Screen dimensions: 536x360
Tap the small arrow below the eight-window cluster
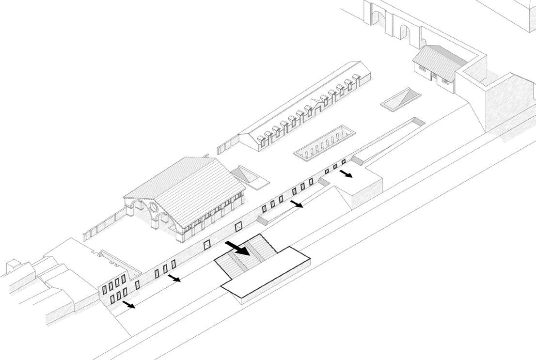tap(128, 304)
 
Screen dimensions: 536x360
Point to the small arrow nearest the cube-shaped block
tap(346, 173)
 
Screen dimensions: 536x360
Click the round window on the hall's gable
tap(153, 209)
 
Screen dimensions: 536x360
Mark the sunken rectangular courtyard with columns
tap(325, 143)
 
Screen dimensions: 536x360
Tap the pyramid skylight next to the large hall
tap(248, 175)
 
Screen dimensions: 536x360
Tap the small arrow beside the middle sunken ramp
tap(297, 204)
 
